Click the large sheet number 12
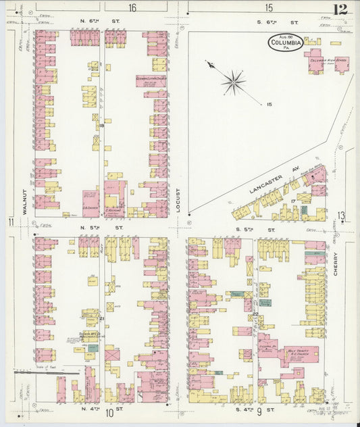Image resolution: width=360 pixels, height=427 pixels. pos(340,9)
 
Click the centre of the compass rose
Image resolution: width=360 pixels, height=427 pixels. pos(234,82)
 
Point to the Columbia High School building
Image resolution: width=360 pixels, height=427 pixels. pos(327,61)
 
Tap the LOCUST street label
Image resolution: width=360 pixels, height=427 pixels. pos(179,200)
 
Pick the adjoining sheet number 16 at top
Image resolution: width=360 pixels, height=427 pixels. pos(132,8)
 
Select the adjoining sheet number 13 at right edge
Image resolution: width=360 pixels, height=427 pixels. pos(342,216)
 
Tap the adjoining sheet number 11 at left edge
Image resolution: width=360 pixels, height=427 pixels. pos(11,222)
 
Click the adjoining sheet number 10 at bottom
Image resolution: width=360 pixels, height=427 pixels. pos(109,413)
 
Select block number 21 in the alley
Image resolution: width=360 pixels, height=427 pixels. pos(102,319)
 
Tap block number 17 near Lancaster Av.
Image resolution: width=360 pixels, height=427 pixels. pos(294,201)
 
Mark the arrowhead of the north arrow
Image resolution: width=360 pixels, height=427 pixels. pos(208,64)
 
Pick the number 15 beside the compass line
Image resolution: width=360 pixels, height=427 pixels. pos(269,104)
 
